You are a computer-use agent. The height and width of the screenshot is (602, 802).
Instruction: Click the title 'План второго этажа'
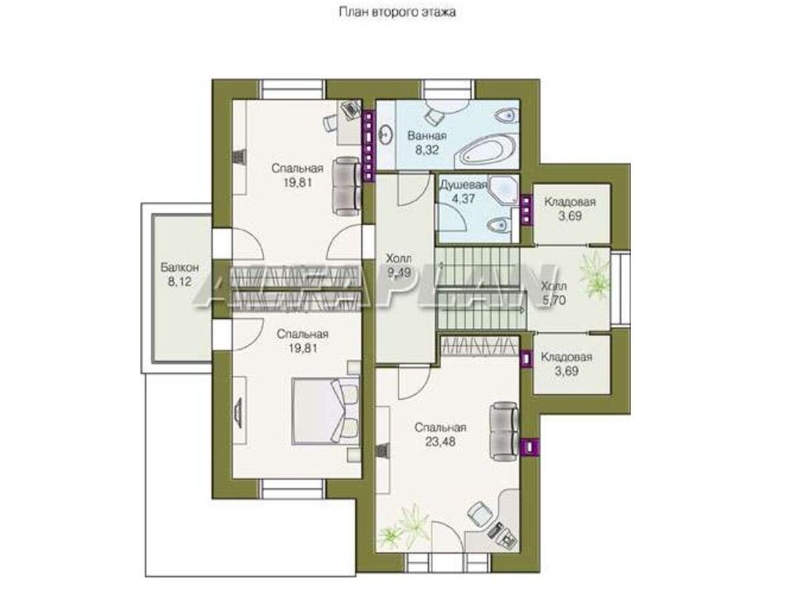tap(397, 13)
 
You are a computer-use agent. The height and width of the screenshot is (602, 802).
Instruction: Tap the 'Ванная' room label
tap(427, 136)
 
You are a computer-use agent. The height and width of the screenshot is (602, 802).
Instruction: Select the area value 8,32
tap(427, 150)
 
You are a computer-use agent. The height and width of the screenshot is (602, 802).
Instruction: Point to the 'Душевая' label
tap(463, 185)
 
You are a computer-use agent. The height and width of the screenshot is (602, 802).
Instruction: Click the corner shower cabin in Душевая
tap(503, 191)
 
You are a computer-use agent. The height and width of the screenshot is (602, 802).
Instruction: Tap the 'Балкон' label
tap(180, 268)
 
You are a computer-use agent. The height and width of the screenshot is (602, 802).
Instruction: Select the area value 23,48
tap(440, 442)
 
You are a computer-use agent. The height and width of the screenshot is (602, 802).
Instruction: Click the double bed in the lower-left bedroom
tap(326, 411)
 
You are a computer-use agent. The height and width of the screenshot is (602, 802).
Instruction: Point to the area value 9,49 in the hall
tap(398, 273)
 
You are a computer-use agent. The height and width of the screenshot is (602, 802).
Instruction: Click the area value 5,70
tap(554, 300)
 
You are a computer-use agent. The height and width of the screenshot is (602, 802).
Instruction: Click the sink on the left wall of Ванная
tap(386, 136)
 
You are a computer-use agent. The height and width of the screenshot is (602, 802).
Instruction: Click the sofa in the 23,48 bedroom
tap(504, 431)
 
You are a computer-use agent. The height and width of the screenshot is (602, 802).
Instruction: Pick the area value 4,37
tap(463, 199)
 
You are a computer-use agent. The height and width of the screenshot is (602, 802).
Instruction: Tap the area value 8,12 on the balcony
tap(180, 282)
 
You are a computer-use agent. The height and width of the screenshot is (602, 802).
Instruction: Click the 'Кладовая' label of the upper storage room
tap(570, 202)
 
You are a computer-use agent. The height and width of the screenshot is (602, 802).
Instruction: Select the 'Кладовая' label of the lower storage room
tap(566, 357)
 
